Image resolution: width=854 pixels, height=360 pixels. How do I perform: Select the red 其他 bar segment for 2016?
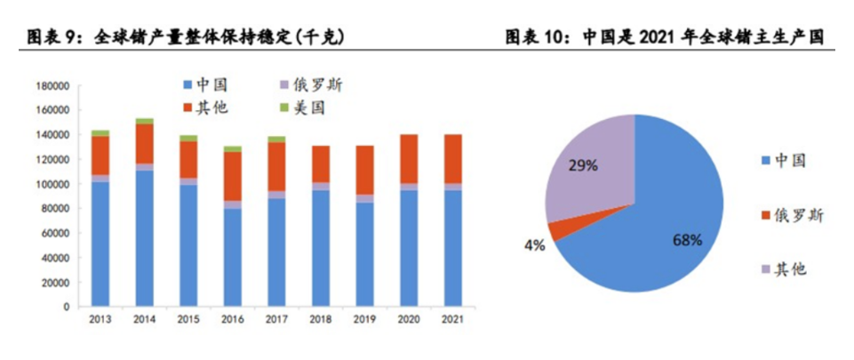click(232, 176)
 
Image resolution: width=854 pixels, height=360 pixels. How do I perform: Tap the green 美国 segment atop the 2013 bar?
click(100, 132)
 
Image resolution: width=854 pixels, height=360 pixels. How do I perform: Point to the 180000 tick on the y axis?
click(52, 86)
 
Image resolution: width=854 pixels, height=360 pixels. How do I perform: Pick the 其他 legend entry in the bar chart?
click(207, 108)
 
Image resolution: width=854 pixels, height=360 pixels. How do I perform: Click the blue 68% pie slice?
click(658, 222)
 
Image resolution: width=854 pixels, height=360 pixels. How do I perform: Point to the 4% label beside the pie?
click(534, 245)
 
